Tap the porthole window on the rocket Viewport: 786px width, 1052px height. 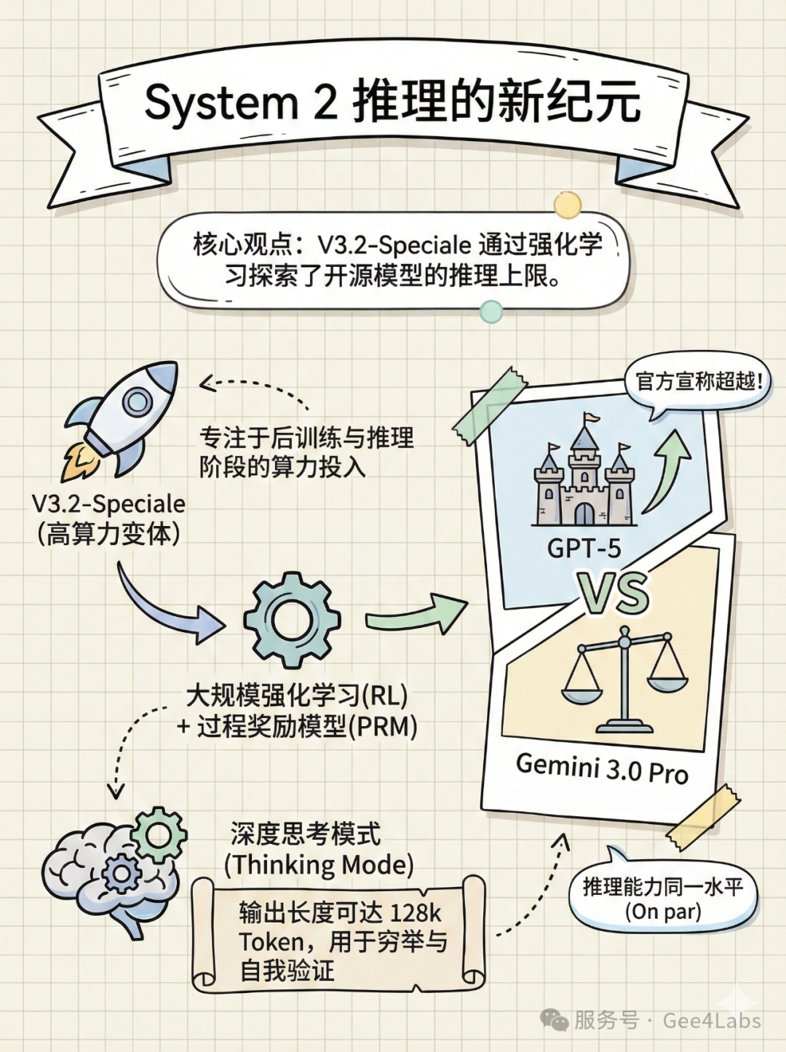pos(137,401)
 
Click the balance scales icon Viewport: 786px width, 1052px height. pos(624,680)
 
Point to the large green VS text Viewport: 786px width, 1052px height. pos(614,594)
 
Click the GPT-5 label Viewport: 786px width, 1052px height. pos(584,548)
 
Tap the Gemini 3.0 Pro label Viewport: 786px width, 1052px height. pos(601,768)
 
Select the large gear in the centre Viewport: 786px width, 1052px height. pos(291,619)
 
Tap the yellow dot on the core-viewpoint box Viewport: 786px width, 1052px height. pos(567,206)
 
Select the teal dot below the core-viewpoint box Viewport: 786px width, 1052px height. pos(491,312)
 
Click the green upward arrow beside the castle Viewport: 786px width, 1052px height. pos(668,469)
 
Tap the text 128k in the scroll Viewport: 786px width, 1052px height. pos(415,912)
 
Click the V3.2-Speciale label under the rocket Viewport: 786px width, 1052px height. pos(108,503)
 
